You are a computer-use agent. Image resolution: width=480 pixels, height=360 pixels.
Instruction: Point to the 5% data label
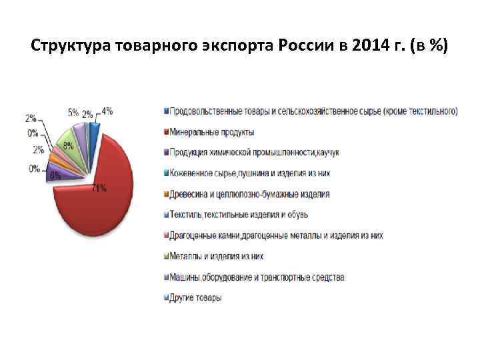point(73,113)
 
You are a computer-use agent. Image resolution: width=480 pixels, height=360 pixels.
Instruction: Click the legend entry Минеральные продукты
point(211,131)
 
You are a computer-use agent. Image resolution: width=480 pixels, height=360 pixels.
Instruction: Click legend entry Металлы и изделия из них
point(217,256)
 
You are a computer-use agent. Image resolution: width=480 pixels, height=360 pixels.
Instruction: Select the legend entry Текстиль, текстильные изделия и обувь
point(239,215)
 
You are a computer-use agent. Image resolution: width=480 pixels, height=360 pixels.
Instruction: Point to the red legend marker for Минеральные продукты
point(165,131)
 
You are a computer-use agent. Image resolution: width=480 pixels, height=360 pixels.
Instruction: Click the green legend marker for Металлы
point(165,256)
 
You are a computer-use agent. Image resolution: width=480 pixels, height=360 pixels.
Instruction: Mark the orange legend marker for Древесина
point(165,194)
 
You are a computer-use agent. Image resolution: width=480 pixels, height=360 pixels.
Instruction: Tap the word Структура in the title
point(71,47)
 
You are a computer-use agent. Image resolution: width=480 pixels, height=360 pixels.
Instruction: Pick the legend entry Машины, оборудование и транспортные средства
point(257,277)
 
